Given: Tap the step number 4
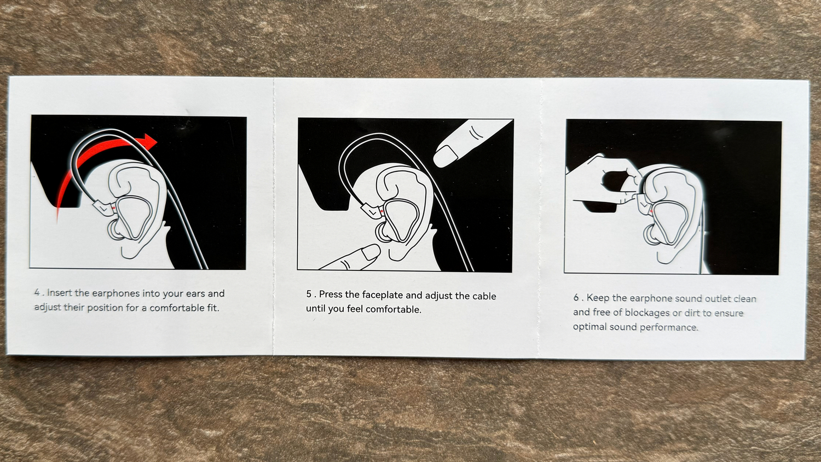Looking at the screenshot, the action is click(37, 293).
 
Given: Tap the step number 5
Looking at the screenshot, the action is click(309, 294).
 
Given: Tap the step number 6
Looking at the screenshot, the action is click(576, 297).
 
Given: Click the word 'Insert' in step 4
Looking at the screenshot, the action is click(60, 293).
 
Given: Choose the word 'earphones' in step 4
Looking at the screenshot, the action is click(116, 294).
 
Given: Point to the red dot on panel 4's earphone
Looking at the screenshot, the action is click(114, 208).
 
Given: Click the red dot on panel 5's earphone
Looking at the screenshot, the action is click(382, 211).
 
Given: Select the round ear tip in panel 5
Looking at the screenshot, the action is click(383, 233).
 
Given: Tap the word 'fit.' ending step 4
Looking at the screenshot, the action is click(213, 308).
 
